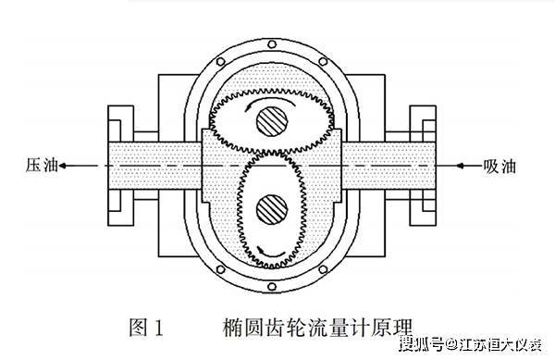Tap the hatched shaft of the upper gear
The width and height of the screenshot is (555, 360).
(271, 119)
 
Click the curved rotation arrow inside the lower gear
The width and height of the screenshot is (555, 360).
(268, 245)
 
